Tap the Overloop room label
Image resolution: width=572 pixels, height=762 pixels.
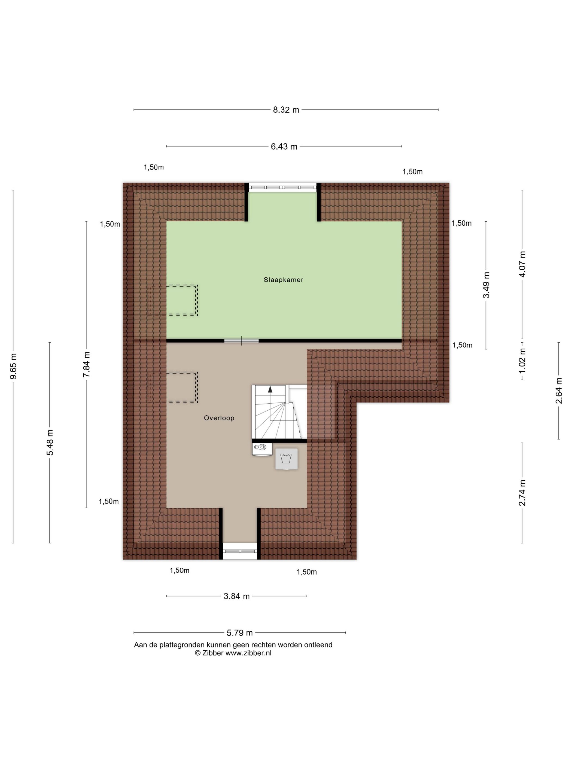click(x=219, y=418)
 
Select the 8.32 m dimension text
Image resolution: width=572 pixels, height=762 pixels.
click(x=286, y=110)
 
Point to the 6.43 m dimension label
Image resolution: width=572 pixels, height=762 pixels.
click(x=284, y=147)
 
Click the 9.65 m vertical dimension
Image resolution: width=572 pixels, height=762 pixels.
click(x=13, y=366)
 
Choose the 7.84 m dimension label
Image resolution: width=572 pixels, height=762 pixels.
click(x=86, y=364)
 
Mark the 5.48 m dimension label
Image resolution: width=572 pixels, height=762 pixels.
click(x=50, y=443)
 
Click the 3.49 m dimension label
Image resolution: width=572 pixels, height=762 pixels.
click(x=486, y=285)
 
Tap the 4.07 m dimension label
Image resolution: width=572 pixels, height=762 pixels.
click(x=522, y=264)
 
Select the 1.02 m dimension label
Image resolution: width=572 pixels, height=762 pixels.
click(x=522, y=360)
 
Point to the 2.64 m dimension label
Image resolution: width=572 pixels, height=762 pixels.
click(x=559, y=391)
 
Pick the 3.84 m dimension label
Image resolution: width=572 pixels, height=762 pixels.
click(x=236, y=596)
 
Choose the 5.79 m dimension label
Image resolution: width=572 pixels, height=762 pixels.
click(x=240, y=633)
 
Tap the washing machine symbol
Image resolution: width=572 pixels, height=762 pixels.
click(x=286, y=459)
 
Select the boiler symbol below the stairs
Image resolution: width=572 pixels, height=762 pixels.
click(x=262, y=449)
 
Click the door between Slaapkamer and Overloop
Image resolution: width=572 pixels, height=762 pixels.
click(x=241, y=341)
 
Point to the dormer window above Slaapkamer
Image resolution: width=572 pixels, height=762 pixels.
click(x=283, y=187)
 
